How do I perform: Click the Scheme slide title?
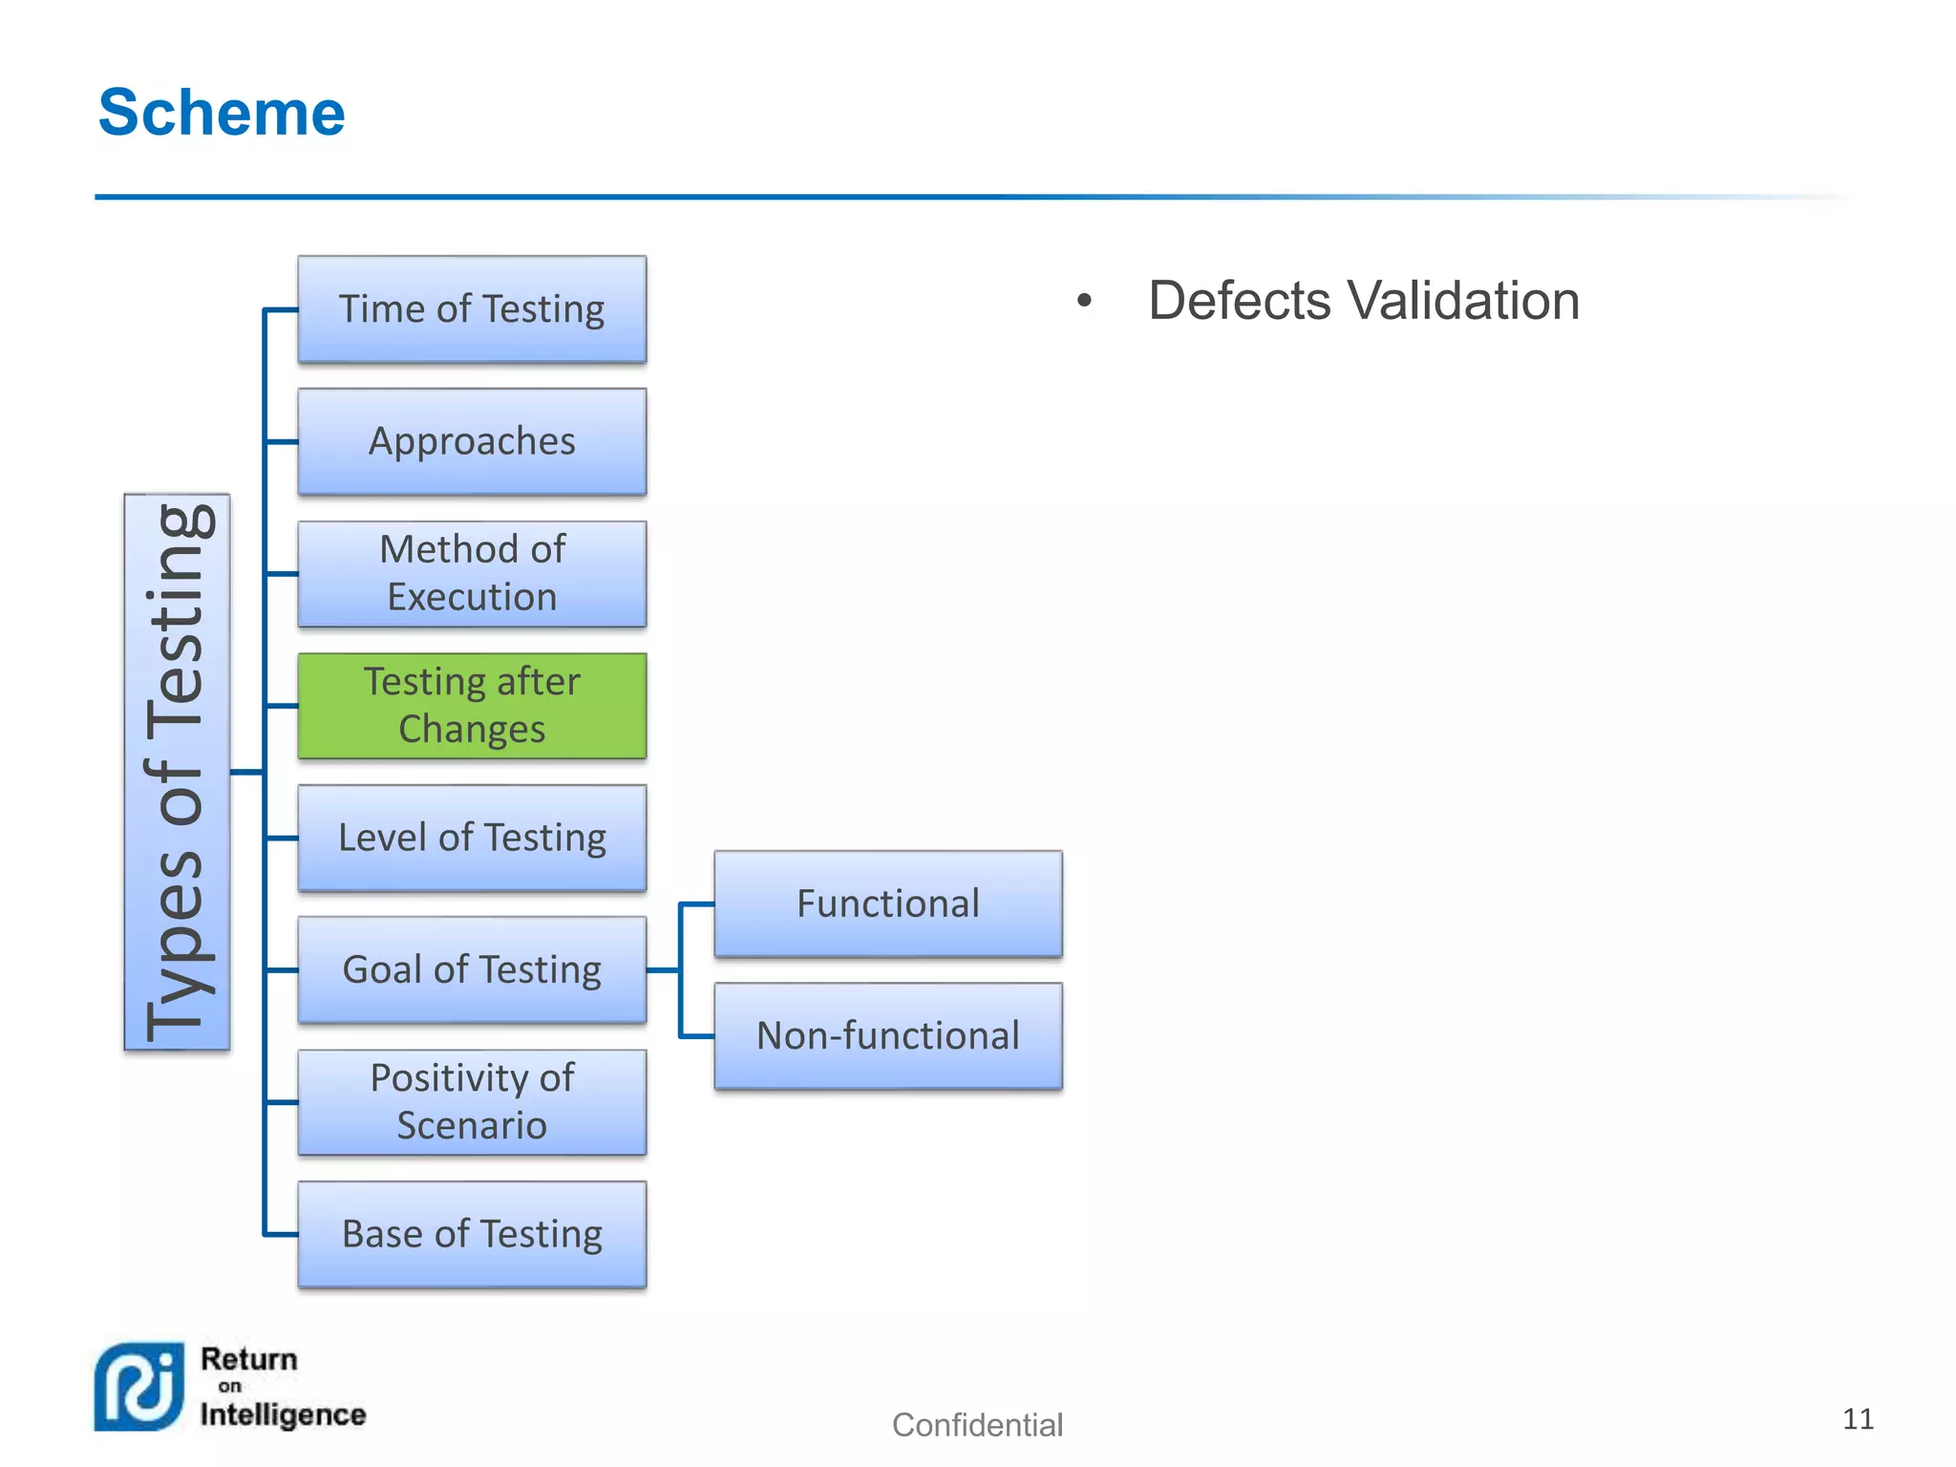tap(222, 113)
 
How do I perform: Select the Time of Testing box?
tap(472, 309)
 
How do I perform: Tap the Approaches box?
tap(472, 441)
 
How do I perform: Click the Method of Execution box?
tap(472, 573)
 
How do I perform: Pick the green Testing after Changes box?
tap(472, 706)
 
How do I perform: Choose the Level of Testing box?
tap(472, 838)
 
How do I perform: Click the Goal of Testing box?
tap(472, 969)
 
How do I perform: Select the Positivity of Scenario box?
tap(472, 1102)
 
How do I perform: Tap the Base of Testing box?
tap(472, 1234)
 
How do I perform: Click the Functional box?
tap(888, 904)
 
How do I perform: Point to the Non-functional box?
tap(888, 1036)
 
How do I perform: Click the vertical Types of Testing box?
tap(177, 772)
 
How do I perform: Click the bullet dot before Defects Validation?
tap(1084, 301)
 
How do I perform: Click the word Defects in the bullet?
tap(1238, 301)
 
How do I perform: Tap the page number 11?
tap(1858, 1419)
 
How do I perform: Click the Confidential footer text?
tap(977, 1425)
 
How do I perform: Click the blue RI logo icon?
tap(138, 1387)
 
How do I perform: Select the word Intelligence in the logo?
tap(283, 1414)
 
